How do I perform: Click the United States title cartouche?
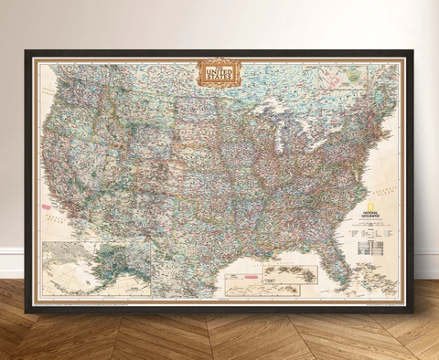pos(219,73)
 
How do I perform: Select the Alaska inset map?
pos(97,267)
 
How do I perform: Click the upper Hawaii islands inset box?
pos(290,273)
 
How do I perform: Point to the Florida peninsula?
pos(339,253)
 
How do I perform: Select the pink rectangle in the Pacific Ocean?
pos(48,206)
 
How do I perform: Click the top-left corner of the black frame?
pos(27,51)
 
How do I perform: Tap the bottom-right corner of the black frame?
pos(412,312)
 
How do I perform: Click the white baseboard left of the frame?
pos(11,263)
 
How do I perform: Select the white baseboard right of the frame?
pos(426,264)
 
